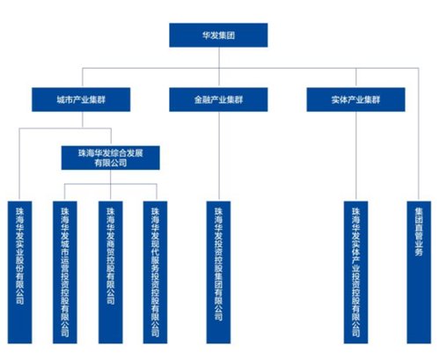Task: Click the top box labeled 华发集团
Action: click(218, 35)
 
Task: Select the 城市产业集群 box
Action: click(81, 99)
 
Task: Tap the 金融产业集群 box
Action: click(218, 99)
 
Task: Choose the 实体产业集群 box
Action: click(356, 99)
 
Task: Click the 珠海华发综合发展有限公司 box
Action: click(111, 158)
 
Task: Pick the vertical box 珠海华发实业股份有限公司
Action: click(19, 272)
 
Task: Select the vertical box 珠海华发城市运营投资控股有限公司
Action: click(65, 272)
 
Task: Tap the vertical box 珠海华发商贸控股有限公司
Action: click(111, 272)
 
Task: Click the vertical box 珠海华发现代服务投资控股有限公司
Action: click(155, 272)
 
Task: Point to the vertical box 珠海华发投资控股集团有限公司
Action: click(218, 272)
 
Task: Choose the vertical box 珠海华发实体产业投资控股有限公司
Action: click(356, 272)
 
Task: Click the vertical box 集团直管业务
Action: click(419, 272)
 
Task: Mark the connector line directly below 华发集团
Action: click(219, 67)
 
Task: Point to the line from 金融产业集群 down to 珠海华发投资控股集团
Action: click(219, 157)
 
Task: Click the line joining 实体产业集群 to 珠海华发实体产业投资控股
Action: click(356, 157)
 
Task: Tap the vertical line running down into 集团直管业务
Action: click(419, 135)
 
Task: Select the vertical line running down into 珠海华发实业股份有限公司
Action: click(19, 165)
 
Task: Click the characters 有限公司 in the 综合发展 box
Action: click(111, 163)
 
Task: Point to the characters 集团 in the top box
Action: click(227, 35)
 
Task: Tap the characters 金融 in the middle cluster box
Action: click(202, 99)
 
